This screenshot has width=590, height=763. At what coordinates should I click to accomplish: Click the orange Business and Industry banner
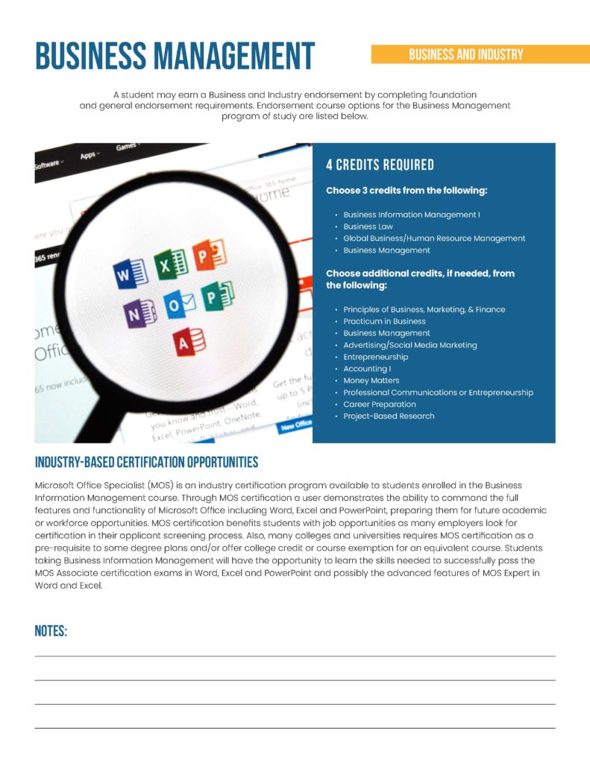[465, 54]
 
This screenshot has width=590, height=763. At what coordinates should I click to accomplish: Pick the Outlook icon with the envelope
[178, 304]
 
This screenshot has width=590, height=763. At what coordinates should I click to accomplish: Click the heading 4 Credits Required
[380, 165]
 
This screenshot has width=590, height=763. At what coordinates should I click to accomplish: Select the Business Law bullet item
[368, 227]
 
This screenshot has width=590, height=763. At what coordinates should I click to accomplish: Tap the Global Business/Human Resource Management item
[434, 238]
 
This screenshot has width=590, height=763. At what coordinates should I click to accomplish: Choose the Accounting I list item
[367, 369]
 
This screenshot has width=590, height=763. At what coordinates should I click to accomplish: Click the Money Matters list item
[371, 381]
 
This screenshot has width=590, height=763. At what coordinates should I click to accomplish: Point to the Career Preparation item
[380, 405]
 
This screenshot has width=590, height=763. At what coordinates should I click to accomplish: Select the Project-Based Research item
[389, 417]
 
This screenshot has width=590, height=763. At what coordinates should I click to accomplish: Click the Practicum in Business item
[384, 321]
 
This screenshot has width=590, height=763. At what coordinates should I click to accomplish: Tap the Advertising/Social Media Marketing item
[409, 345]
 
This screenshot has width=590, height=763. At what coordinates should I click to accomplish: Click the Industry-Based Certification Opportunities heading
[146, 463]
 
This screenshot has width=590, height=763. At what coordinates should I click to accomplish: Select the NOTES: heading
[51, 632]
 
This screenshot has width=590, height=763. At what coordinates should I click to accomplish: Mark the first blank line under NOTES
[295, 656]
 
